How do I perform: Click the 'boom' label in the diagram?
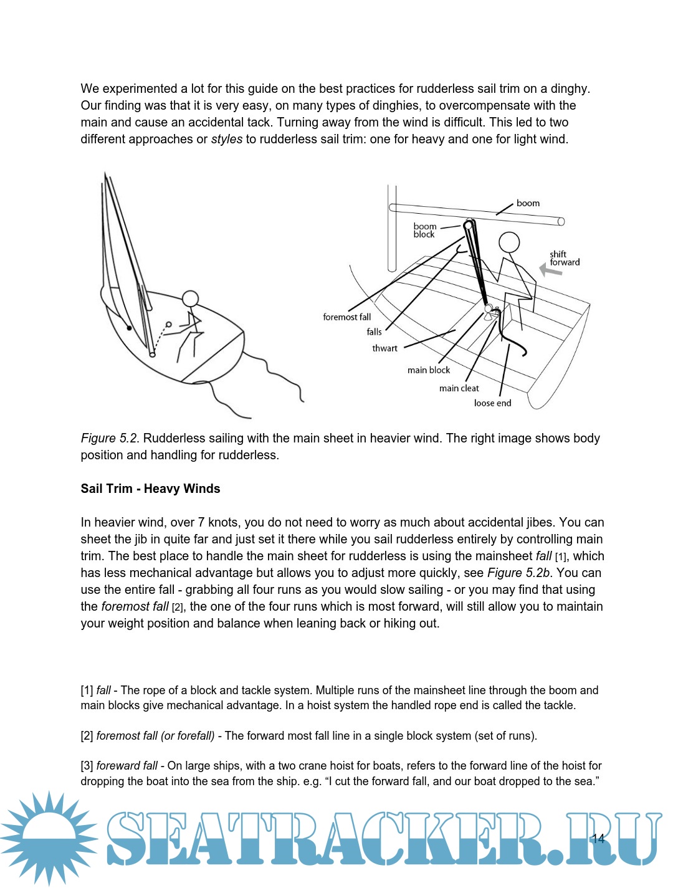(x=528, y=203)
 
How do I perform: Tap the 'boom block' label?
(x=425, y=231)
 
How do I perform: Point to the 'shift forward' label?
(x=564, y=258)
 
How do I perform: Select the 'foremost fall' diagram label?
(x=346, y=317)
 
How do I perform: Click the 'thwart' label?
(x=384, y=348)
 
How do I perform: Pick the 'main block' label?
(x=428, y=370)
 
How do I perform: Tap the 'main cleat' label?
(x=459, y=388)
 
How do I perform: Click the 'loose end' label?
(x=492, y=403)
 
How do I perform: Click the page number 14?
(x=598, y=838)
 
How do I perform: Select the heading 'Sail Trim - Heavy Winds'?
(x=150, y=489)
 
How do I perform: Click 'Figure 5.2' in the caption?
(x=110, y=438)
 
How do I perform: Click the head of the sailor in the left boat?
(x=190, y=299)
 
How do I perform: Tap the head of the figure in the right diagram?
(x=509, y=242)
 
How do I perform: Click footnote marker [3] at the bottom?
(x=87, y=766)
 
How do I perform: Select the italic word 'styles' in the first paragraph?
(x=226, y=139)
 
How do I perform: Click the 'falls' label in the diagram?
(x=374, y=332)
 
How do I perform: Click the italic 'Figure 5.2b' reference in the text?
(x=518, y=573)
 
